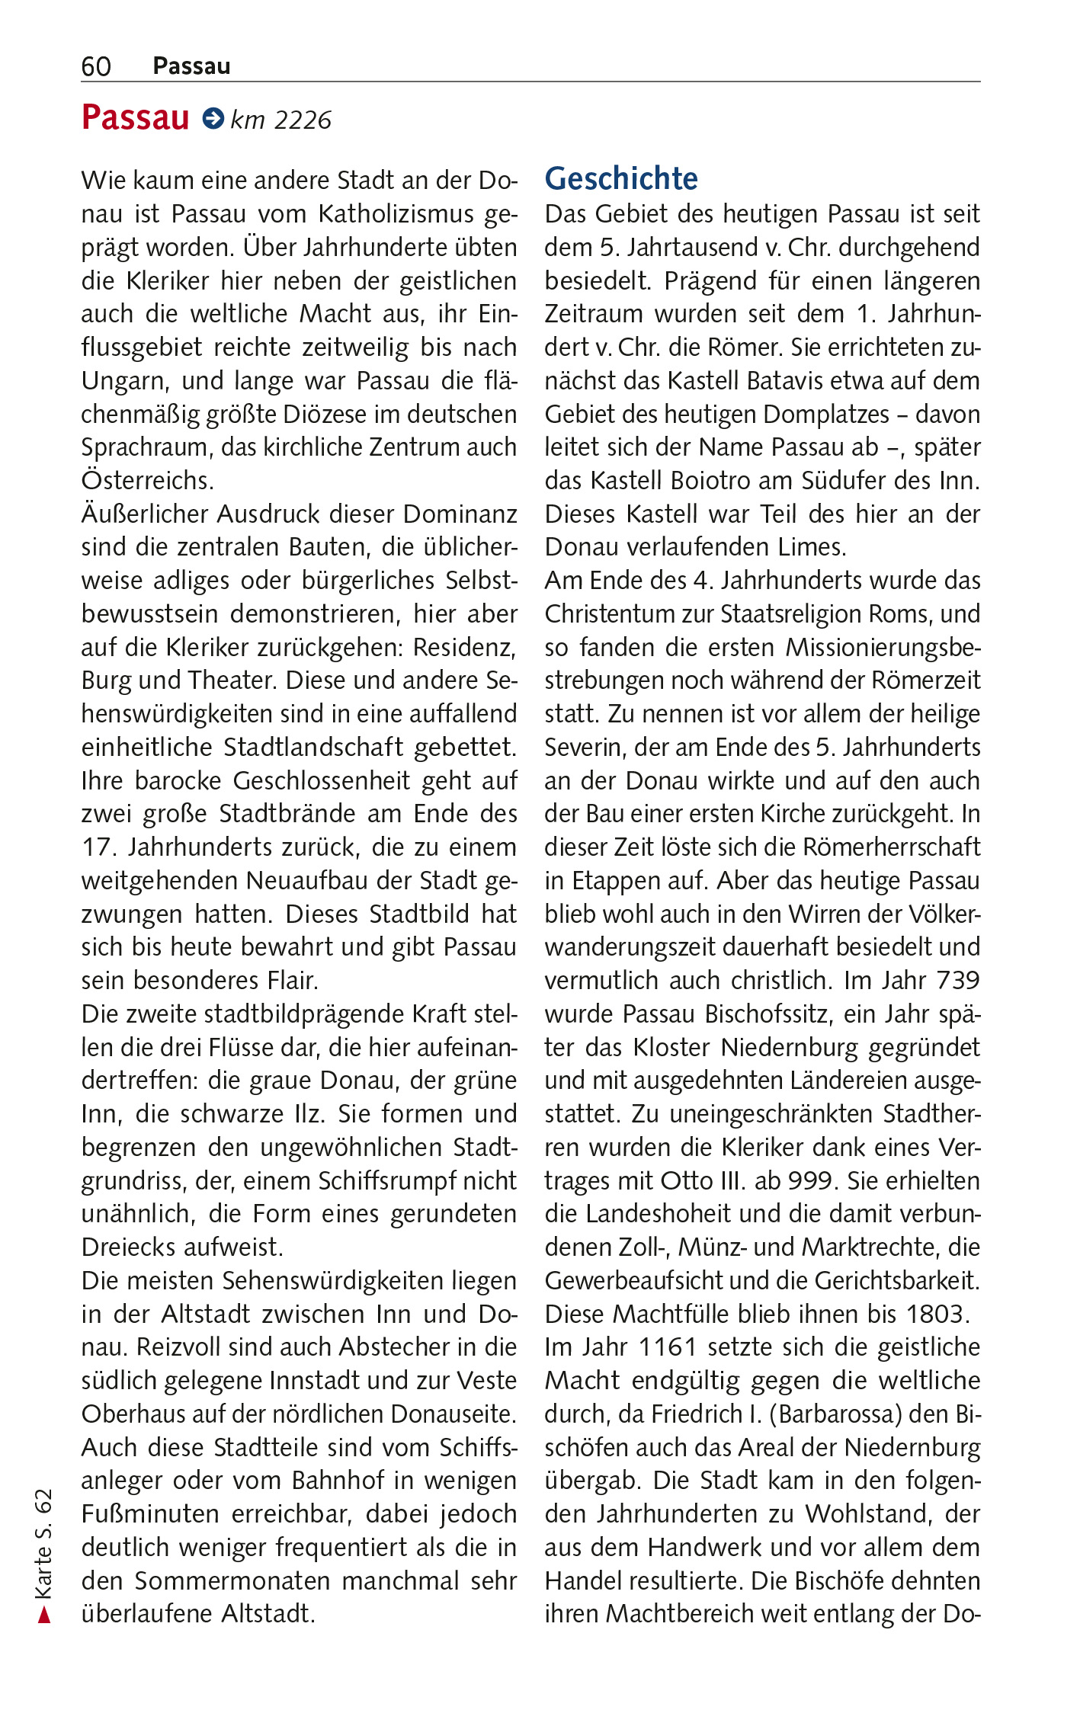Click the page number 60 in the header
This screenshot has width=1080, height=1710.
click(96, 67)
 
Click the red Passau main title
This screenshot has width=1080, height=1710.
click(135, 118)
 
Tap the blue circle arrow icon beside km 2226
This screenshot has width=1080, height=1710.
click(213, 118)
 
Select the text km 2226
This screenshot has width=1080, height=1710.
click(281, 120)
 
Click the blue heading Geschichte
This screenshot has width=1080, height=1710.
click(620, 179)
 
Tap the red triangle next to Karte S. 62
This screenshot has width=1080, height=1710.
click(44, 1615)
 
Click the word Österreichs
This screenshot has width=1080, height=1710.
click(147, 481)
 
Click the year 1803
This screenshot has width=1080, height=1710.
click(936, 1315)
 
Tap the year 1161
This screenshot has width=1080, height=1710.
click(668, 1348)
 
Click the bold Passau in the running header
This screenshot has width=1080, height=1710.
click(191, 67)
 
